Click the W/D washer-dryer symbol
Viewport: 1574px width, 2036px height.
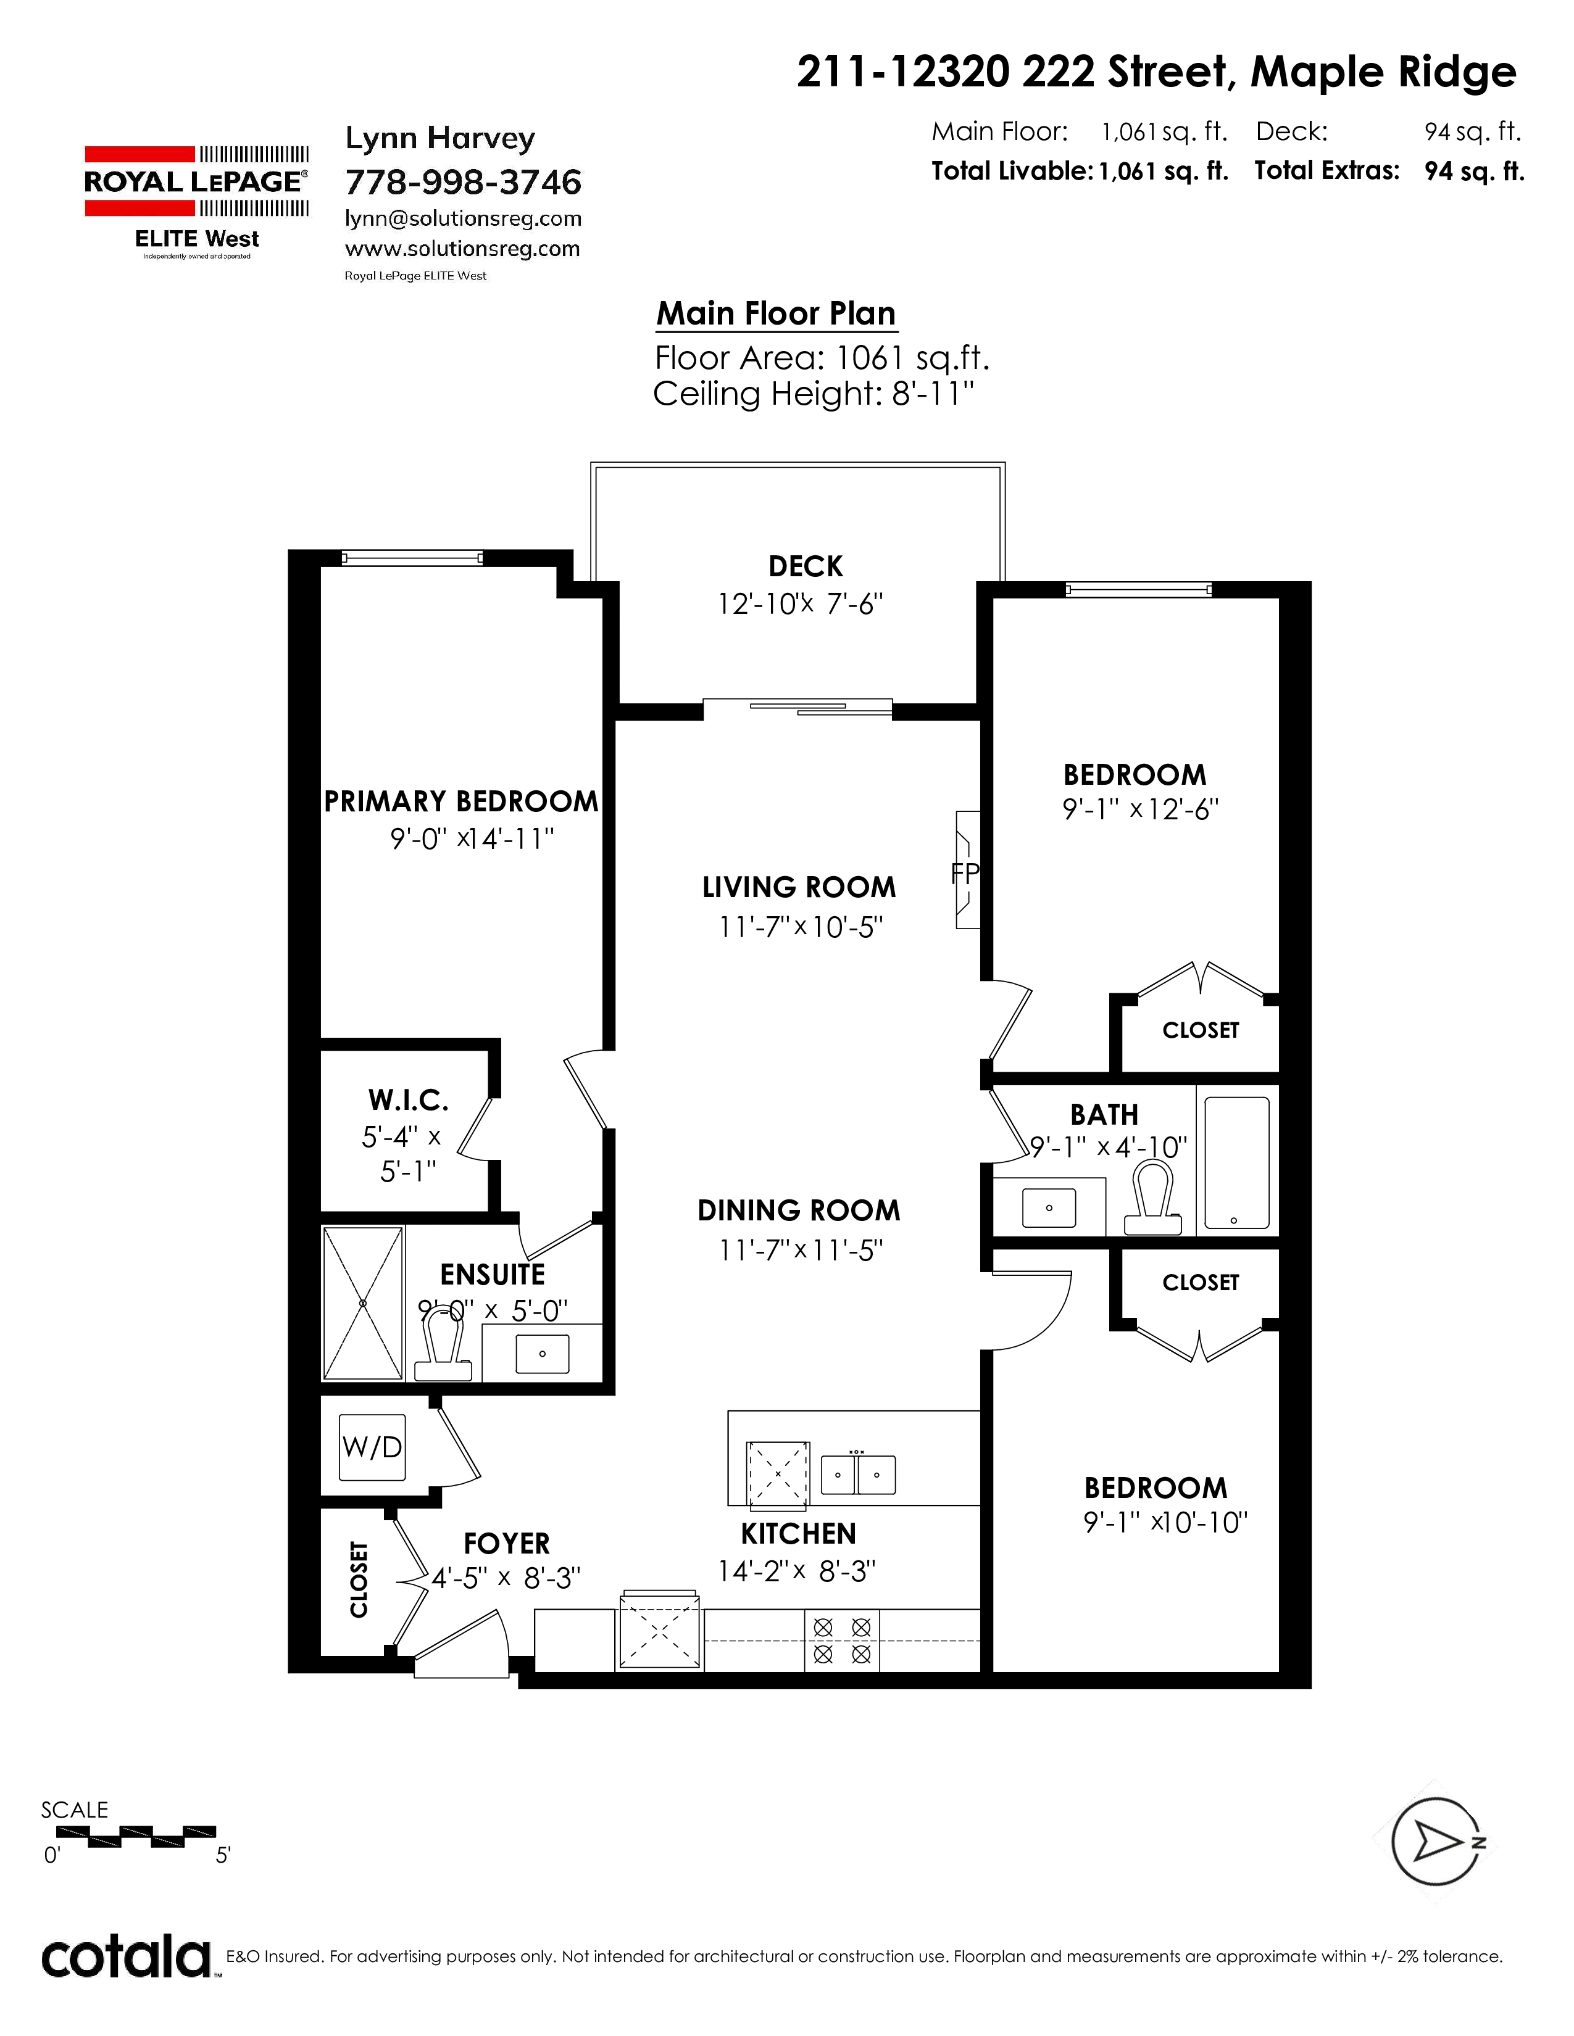(x=372, y=1447)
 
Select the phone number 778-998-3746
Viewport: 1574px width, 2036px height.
(x=464, y=182)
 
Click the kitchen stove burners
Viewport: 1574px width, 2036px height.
(x=842, y=1641)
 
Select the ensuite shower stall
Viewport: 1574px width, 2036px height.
(x=364, y=1302)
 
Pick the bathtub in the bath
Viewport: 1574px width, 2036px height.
(x=1236, y=1164)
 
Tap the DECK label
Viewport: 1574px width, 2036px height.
(x=806, y=566)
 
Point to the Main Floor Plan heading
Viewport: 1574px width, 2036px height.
(x=776, y=314)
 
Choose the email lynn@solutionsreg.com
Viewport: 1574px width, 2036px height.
(x=464, y=219)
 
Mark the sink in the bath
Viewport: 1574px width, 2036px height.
(x=1049, y=1208)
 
